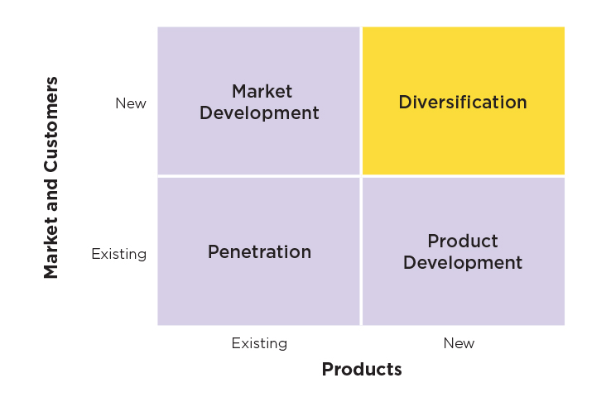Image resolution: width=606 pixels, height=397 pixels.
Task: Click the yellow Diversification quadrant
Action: (464, 101)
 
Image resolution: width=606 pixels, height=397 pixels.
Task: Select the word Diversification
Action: (463, 103)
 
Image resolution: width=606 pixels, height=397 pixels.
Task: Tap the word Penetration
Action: (259, 252)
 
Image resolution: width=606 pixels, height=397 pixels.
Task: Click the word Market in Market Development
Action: (262, 92)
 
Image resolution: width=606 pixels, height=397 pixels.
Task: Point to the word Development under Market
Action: (259, 113)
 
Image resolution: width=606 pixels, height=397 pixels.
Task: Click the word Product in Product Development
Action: (463, 242)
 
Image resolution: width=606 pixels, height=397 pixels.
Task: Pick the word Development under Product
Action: (463, 263)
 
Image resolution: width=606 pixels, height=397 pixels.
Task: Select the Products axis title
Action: (362, 369)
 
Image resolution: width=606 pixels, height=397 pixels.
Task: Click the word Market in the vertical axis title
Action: (50, 249)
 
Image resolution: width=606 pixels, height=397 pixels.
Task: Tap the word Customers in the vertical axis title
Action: (51, 124)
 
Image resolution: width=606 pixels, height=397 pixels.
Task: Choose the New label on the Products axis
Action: (459, 343)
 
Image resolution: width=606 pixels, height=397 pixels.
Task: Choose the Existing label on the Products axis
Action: (259, 343)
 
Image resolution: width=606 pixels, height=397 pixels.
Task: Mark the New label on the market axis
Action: (131, 103)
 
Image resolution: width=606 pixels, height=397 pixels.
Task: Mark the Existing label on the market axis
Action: (119, 254)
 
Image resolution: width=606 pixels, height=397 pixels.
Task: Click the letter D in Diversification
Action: (406, 103)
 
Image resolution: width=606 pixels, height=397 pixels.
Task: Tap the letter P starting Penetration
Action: (214, 252)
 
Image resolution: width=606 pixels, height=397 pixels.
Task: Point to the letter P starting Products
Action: (328, 369)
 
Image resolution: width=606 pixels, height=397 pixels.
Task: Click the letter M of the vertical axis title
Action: (50, 270)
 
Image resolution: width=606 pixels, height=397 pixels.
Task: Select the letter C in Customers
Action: (51, 165)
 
